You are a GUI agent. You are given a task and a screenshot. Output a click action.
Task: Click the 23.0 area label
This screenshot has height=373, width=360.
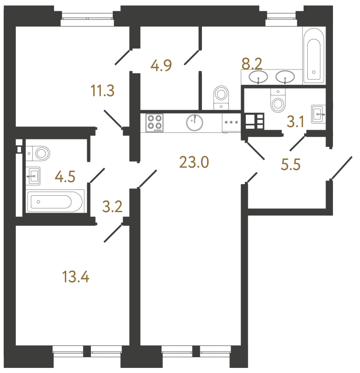click(194, 162)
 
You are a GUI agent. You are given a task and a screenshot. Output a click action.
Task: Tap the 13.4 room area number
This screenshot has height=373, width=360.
click(76, 277)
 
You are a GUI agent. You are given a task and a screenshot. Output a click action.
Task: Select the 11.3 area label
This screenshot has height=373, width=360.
click(103, 90)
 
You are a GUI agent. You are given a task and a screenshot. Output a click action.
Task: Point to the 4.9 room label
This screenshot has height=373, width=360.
click(161, 65)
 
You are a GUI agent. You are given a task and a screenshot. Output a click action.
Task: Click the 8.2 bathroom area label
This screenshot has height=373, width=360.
click(252, 64)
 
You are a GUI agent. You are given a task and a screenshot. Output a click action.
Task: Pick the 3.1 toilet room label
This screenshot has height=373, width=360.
click(296, 122)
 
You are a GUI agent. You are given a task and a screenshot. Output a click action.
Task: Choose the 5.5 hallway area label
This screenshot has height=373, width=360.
click(291, 165)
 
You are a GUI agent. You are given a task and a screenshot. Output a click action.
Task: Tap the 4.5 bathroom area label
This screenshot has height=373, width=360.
click(65, 177)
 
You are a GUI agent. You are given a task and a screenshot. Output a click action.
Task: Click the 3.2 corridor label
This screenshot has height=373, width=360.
click(112, 207)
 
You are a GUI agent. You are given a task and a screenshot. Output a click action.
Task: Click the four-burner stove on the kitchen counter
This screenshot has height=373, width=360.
click(155, 123)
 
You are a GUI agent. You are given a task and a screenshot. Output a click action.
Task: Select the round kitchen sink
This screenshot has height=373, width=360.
click(194, 123)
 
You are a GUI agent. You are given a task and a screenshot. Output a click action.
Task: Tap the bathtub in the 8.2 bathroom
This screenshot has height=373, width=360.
click(314, 56)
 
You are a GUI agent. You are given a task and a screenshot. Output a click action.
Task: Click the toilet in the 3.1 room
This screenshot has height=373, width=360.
click(278, 100)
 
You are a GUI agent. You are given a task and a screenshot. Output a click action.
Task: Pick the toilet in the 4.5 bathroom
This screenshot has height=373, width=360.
click(38, 153)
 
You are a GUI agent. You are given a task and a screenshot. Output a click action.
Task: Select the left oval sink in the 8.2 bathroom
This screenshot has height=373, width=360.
click(258, 77)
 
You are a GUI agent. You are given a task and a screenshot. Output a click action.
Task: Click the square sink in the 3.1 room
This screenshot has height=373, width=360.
click(318, 114)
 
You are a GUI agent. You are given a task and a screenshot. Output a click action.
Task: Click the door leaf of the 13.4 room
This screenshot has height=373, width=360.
click(113, 234)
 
